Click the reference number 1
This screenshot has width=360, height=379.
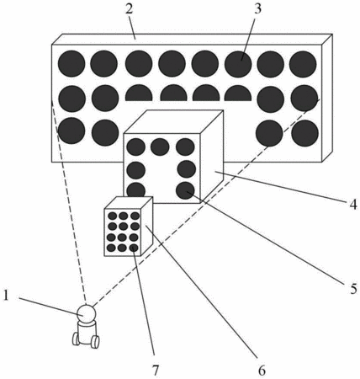tap(6, 296)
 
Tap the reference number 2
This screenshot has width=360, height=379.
tap(129, 9)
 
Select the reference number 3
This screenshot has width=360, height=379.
tap(257, 8)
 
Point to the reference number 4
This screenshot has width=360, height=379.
tap(353, 205)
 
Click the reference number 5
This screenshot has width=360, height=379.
tap(353, 288)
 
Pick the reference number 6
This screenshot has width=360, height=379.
tap(262, 371)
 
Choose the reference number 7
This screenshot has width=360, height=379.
tap(155, 371)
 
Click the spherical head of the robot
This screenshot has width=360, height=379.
tap(87, 314)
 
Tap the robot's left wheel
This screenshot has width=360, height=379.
tap(76, 339)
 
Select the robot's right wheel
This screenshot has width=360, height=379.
tap(95, 342)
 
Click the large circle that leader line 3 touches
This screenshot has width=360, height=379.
tap(238, 64)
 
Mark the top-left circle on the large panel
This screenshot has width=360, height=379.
tap(71, 64)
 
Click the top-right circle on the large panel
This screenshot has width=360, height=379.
tap(303, 64)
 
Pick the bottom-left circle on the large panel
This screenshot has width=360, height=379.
tap(71, 131)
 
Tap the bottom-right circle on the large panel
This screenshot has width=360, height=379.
tap(305, 133)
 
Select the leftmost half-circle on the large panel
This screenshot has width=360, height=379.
tap(139, 93)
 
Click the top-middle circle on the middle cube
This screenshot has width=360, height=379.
tap(160, 147)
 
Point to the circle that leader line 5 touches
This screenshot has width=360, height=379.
tap(185, 190)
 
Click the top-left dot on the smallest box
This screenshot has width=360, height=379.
tap(113, 216)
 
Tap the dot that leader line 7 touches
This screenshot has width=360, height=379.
tap(135, 248)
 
